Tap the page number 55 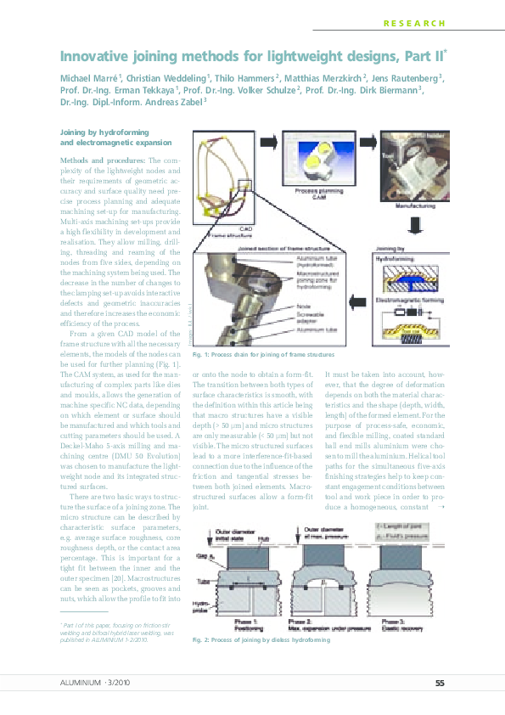coord(440,683)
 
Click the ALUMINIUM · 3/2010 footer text coord(95,683)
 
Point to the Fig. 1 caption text coord(263,354)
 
